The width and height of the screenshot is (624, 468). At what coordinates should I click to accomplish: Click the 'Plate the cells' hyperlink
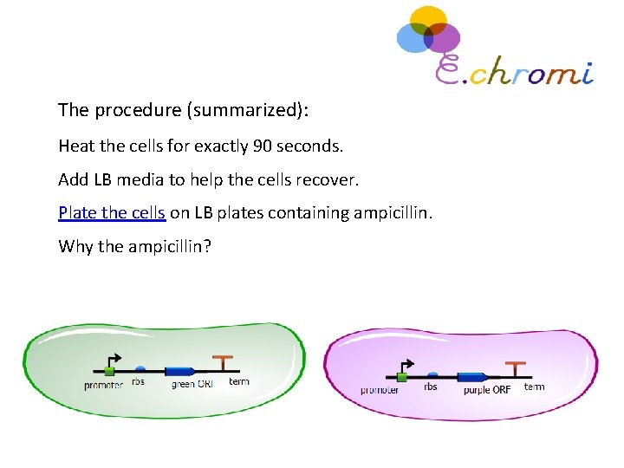click(x=112, y=213)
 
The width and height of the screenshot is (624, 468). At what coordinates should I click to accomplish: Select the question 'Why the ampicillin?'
click(x=134, y=246)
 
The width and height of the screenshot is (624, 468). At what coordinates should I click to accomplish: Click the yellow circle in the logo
click(x=427, y=21)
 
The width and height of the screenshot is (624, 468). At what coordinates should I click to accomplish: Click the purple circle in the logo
click(x=444, y=39)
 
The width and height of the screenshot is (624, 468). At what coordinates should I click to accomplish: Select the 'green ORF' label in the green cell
click(x=189, y=384)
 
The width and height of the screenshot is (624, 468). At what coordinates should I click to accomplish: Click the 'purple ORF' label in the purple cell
click(x=487, y=390)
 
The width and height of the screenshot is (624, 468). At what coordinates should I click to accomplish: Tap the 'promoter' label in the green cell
click(x=104, y=385)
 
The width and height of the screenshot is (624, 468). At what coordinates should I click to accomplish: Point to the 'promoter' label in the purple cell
click(x=380, y=390)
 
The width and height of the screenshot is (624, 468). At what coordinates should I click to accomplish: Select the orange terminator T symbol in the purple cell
click(x=517, y=367)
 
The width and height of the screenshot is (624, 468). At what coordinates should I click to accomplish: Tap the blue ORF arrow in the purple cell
click(x=472, y=377)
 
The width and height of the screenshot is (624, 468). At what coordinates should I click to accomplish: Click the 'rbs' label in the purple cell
click(x=431, y=387)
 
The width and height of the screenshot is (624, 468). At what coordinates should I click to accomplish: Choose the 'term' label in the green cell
click(x=239, y=381)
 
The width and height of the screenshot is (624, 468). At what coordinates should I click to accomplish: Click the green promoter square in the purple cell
click(x=401, y=377)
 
